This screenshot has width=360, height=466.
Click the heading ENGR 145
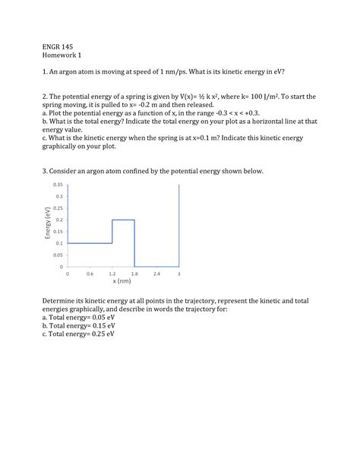click(x=58, y=46)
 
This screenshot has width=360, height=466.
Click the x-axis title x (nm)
click(x=123, y=281)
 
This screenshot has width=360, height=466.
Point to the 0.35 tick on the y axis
click(x=57, y=185)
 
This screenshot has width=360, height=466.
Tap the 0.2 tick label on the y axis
click(x=59, y=220)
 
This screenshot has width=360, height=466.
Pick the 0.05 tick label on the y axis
click(x=57, y=255)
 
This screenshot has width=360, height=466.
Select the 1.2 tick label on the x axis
click(x=112, y=273)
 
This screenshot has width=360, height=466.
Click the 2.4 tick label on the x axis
click(x=156, y=273)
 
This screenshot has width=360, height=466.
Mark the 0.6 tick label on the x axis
click(x=90, y=273)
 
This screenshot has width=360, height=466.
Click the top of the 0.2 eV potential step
click(x=123, y=220)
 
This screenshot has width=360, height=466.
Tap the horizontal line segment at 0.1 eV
click(x=90, y=243)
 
